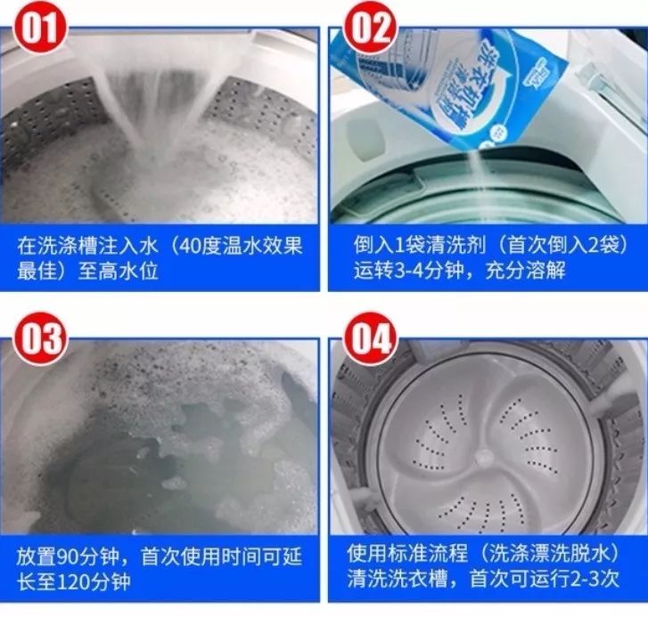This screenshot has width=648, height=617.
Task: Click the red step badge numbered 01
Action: point(40,28)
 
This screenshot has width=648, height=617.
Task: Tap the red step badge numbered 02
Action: point(370,28)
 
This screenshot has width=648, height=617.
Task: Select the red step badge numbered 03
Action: point(40,339)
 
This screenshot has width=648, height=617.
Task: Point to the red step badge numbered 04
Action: point(370,339)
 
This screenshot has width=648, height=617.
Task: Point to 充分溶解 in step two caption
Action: point(525,271)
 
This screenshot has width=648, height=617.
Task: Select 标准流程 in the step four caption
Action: point(428,554)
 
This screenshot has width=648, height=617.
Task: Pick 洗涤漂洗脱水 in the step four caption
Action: point(550,554)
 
